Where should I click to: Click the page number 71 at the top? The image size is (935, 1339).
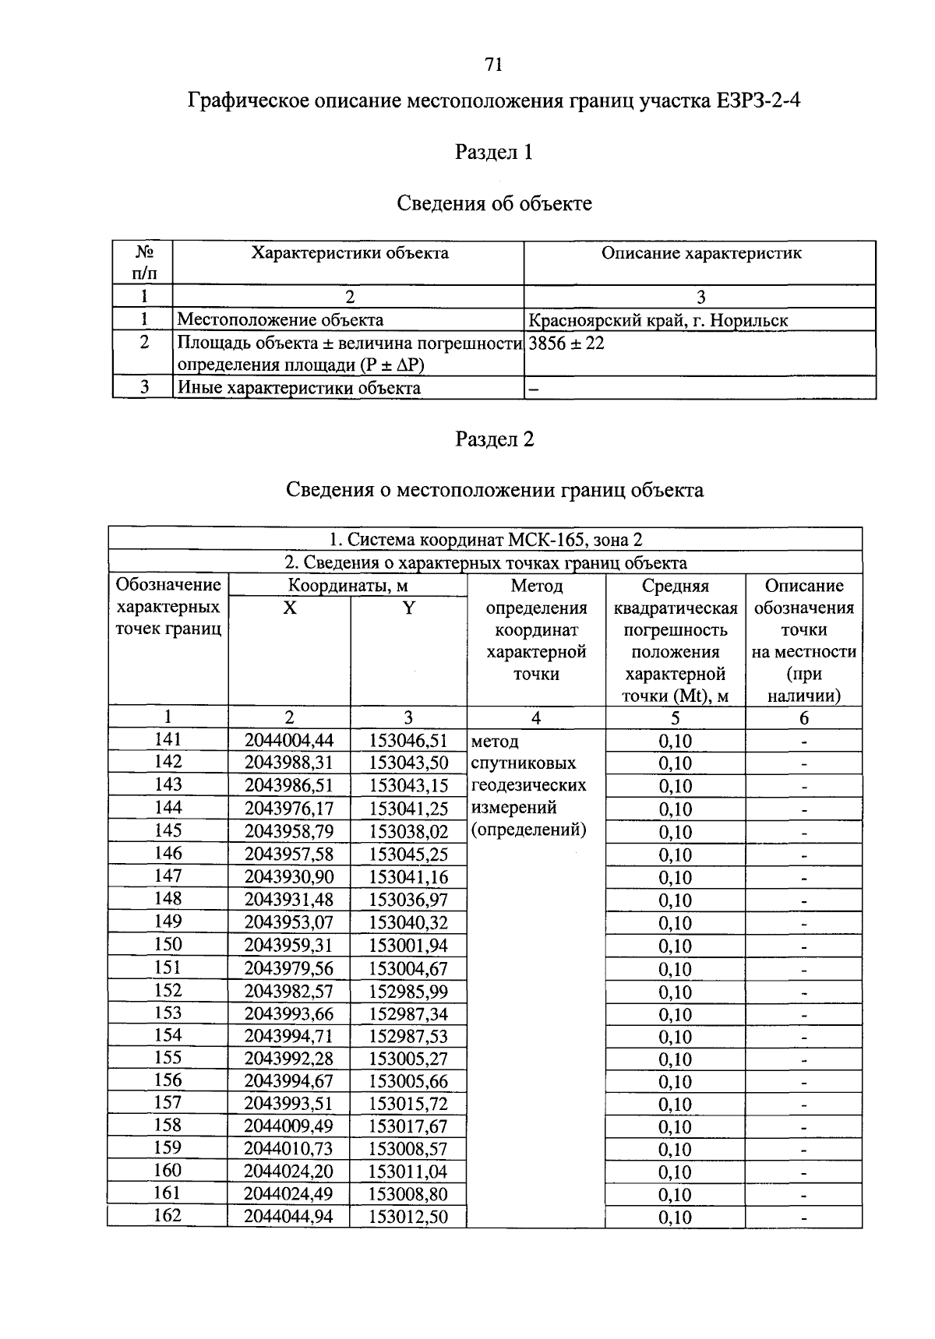pos(493,65)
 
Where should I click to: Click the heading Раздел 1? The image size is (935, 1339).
pos(493,152)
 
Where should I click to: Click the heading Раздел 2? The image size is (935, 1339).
pos(494,439)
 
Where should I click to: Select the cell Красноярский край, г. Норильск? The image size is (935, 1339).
pos(658,320)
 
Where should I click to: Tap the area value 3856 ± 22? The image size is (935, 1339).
pos(566,343)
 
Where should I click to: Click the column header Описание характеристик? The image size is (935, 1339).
pos(700,253)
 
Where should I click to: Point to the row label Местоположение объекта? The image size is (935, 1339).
pos(280,320)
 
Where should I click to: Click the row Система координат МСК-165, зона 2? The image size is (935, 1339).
pos(485,540)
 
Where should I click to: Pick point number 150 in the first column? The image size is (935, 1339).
pos(168,945)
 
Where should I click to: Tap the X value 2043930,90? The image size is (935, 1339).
pos(289,877)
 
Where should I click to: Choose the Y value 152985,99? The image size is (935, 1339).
pos(408,992)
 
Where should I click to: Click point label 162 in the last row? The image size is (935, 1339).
pos(168,1214)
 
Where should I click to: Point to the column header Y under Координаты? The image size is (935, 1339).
pos(408,608)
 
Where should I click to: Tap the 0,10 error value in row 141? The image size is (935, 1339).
pos(675,741)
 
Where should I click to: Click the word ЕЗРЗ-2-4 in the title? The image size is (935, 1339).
pos(755,101)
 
